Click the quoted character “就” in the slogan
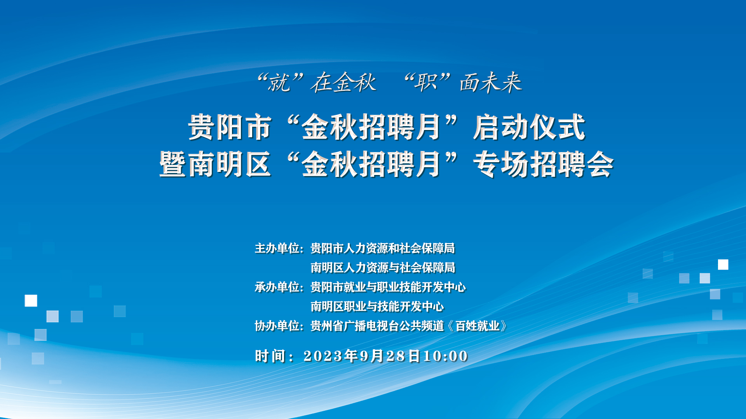click(x=279, y=83)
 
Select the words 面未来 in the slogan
click(x=490, y=83)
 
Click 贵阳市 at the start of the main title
click(x=230, y=127)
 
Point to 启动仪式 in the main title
click(x=529, y=127)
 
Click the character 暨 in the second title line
click(x=173, y=164)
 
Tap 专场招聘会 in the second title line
click(x=543, y=164)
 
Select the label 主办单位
click(x=277, y=248)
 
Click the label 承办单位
click(x=277, y=287)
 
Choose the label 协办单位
click(x=277, y=326)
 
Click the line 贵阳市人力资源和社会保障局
click(x=383, y=248)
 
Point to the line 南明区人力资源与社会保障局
click(x=383, y=268)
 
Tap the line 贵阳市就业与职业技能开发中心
click(x=388, y=287)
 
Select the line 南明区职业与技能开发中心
click(x=377, y=306)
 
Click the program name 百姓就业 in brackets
click(x=478, y=326)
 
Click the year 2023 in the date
click(x=323, y=356)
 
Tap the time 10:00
click(x=446, y=356)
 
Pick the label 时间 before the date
click(x=270, y=356)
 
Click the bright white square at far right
click(x=723, y=265)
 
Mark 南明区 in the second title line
click(x=230, y=164)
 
